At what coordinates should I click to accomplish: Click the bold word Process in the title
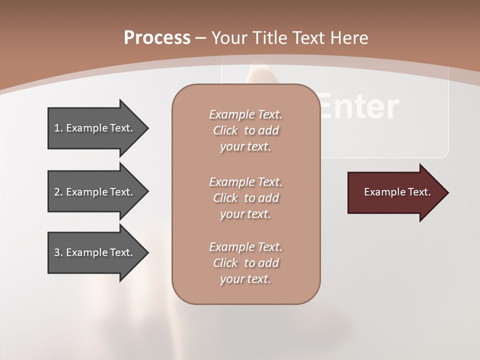[x=157, y=38]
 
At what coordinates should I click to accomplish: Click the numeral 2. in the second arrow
[x=58, y=192]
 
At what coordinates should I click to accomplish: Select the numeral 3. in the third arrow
[x=58, y=252]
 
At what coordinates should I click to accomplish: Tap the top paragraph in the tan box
[x=245, y=130]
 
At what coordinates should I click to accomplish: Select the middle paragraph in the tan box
[x=245, y=198]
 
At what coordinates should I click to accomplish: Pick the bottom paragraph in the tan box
[x=245, y=263]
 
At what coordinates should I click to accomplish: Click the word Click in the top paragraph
[x=225, y=131]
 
